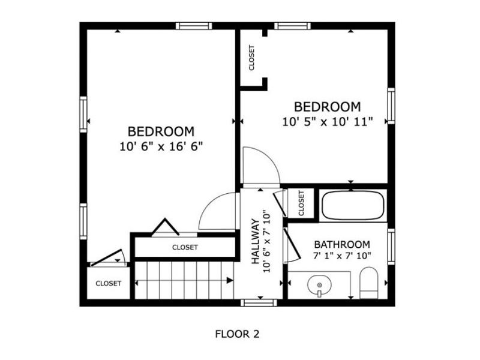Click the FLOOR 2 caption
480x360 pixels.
click(x=237, y=334)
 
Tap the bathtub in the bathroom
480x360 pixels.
click(x=352, y=206)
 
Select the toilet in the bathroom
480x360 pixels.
click(x=368, y=282)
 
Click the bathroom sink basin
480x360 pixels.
click(x=320, y=286)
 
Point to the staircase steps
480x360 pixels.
click(x=184, y=280)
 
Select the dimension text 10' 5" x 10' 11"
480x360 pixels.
click(x=328, y=121)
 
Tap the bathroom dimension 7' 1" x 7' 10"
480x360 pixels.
click(x=342, y=256)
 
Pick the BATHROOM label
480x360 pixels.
click(x=342, y=245)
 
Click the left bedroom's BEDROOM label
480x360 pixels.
click(x=161, y=131)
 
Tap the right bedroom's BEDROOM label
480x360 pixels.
click(x=327, y=107)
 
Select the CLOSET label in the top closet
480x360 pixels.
click(x=252, y=58)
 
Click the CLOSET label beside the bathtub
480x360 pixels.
click(x=301, y=204)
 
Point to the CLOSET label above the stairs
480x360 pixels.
click(x=185, y=247)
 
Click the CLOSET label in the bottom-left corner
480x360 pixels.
click(x=109, y=283)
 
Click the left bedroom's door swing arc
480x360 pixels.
click(x=217, y=210)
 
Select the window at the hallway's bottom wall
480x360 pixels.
click(x=259, y=302)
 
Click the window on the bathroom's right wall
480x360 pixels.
click(x=391, y=247)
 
